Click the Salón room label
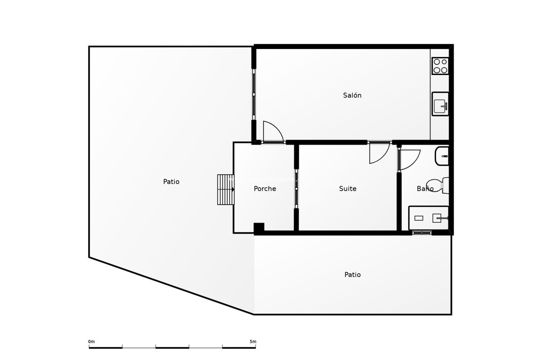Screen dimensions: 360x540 pyautogui.click(x=352, y=95)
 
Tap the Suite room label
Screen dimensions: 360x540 pyautogui.click(x=348, y=189)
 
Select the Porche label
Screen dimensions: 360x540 pyautogui.click(x=265, y=189)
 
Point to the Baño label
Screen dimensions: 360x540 pyautogui.click(x=425, y=189)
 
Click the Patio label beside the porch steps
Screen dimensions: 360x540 pyautogui.click(x=171, y=182)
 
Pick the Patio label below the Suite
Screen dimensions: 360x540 pyautogui.click(x=352, y=274)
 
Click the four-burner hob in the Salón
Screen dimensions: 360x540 pyautogui.click(x=440, y=66)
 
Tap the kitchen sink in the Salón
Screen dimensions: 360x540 pyautogui.click(x=440, y=104)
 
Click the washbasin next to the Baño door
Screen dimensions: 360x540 pyautogui.click(x=442, y=156)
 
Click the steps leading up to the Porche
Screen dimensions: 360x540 pyautogui.click(x=225, y=189)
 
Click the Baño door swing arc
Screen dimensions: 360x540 pyautogui.click(x=409, y=160)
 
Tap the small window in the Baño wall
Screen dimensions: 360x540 pyautogui.click(x=422, y=233)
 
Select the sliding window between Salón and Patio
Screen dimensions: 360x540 pyautogui.click(x=254, y=94)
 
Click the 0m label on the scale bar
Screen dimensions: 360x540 pyautogui.click(x=91, y=342)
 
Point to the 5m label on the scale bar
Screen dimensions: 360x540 pyautogui.click(x=253, y=342)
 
